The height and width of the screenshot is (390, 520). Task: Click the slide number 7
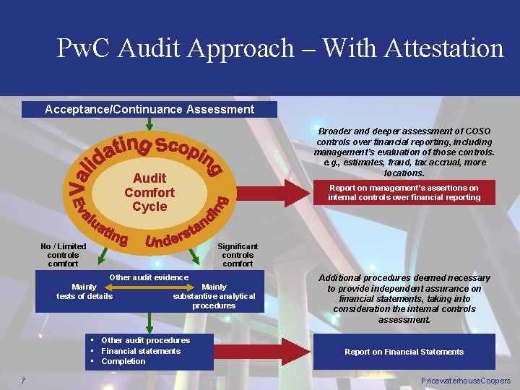click(x=24, y=381)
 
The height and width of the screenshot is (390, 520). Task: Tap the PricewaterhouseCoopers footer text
click(x=465, y=381)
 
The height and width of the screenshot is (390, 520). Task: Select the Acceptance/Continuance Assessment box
click(x=149, y=109)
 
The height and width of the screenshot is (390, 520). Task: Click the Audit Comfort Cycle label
click(x=149, y=192)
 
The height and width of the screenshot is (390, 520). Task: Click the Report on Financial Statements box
click(x=404, y=352)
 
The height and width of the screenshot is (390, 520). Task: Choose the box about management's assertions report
click(x=404, y=192)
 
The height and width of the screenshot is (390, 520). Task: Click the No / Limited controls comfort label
click(x=63, y=255)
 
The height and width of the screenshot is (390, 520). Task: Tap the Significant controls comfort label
click(x=238, y=255)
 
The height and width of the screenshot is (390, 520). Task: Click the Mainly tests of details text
click(x=84, y=291)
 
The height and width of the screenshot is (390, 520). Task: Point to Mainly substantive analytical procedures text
click(x=214, y=296)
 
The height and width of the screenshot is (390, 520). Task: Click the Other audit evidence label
click(x=148, y=277)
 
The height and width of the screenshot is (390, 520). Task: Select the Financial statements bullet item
click(x=140, y=351)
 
